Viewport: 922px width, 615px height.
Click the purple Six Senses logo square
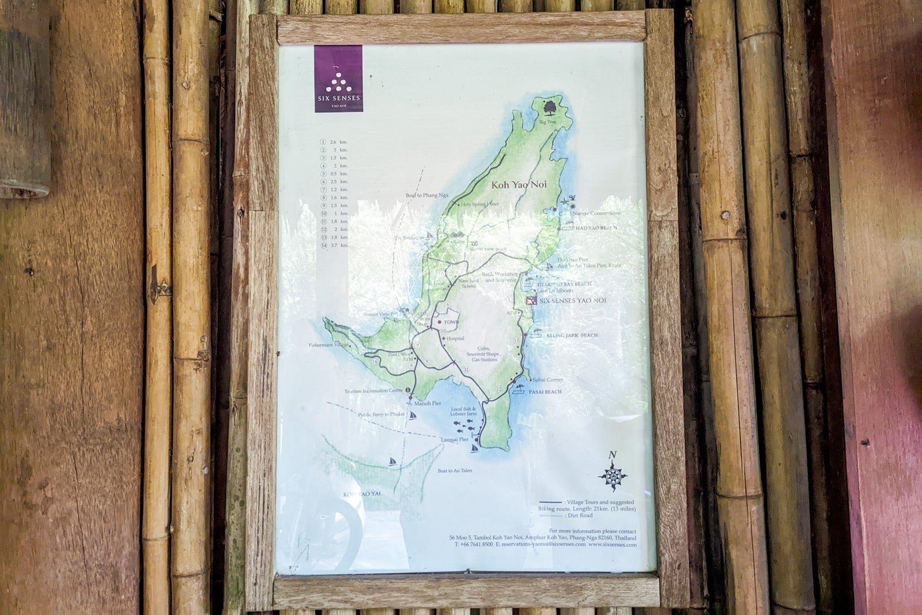(x=338, y=78)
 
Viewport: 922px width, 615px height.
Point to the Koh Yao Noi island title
(x=519, y=185)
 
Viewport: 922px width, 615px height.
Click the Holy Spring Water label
(x=479, y=204)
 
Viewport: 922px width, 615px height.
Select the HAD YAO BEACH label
(x=596, y=228)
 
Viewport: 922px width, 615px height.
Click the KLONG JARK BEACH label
(x=572, y=335)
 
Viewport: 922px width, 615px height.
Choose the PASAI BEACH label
(x=545, y=392)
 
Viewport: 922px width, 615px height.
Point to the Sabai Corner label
(x=547, y=380)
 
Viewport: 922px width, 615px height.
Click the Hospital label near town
(x=455, y=339)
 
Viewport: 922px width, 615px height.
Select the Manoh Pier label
(x=428, y=403)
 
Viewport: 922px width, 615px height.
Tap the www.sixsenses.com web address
(x=613, y=544)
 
